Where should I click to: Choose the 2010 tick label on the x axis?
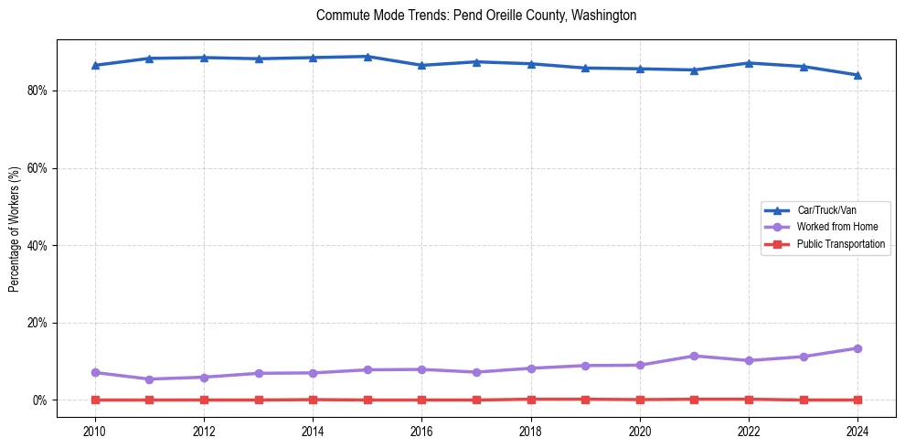tap(95, 430)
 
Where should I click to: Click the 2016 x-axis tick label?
tap(421, 430)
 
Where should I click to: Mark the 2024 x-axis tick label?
tap(857, 430)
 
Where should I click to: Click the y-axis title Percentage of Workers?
tap(15, 229)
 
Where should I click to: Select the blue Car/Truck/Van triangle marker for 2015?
tap(367, 57)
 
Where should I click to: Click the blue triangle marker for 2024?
tap(857, 75)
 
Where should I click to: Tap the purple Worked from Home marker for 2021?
tap(694, 356)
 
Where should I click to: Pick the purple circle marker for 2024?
tap(857, 348)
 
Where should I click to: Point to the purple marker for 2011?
tap(150, 379)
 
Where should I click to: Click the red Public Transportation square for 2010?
tap(95, 400)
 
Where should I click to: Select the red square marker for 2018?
tap(531, 399)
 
